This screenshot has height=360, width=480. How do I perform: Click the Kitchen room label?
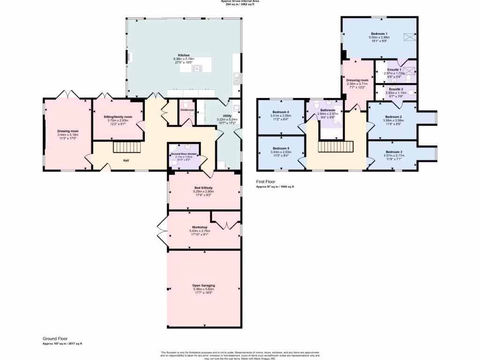pos(184,55)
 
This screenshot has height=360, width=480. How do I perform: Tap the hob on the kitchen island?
pos(197,68)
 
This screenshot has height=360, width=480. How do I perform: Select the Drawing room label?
pos(68,131)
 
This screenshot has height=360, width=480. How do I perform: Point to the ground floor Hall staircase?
pos(127,148)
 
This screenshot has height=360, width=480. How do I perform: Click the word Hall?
pos(126,160)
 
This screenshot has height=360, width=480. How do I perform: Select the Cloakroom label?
pos(187,110)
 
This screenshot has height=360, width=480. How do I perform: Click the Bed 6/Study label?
pos(204,187)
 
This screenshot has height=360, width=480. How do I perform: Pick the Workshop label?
pos(199,227)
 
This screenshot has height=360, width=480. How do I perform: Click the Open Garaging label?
pos(203,285)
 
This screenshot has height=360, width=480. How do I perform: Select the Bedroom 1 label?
pos(379,34)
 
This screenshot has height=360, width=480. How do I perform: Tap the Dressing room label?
pos(357,80)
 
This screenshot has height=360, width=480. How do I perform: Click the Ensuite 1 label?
pos(394,70)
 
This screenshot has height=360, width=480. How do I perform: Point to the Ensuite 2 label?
pos(396,89)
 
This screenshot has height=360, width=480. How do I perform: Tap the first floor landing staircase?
pos(335,147)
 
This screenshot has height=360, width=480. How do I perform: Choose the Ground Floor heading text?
pos(55,338)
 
